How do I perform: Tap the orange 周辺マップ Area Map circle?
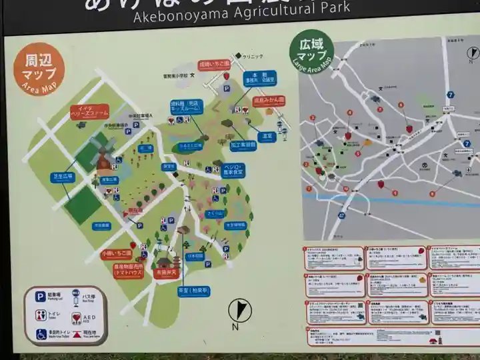point(39,69)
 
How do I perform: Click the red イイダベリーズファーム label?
point(89,112)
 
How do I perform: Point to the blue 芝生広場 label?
point(63,177)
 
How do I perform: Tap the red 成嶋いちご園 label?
point(214,65)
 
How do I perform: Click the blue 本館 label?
point(260,79)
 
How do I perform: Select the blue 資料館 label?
point(186,107)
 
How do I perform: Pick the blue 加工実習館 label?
point(244,144)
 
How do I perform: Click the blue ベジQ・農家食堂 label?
point(233,170)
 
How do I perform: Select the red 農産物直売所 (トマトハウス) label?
point(129,269)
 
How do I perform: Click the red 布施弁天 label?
point(167,273)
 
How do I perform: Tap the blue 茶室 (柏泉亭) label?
point(193,291)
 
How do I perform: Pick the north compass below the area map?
point(239,311)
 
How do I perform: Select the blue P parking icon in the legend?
point(41,297)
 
